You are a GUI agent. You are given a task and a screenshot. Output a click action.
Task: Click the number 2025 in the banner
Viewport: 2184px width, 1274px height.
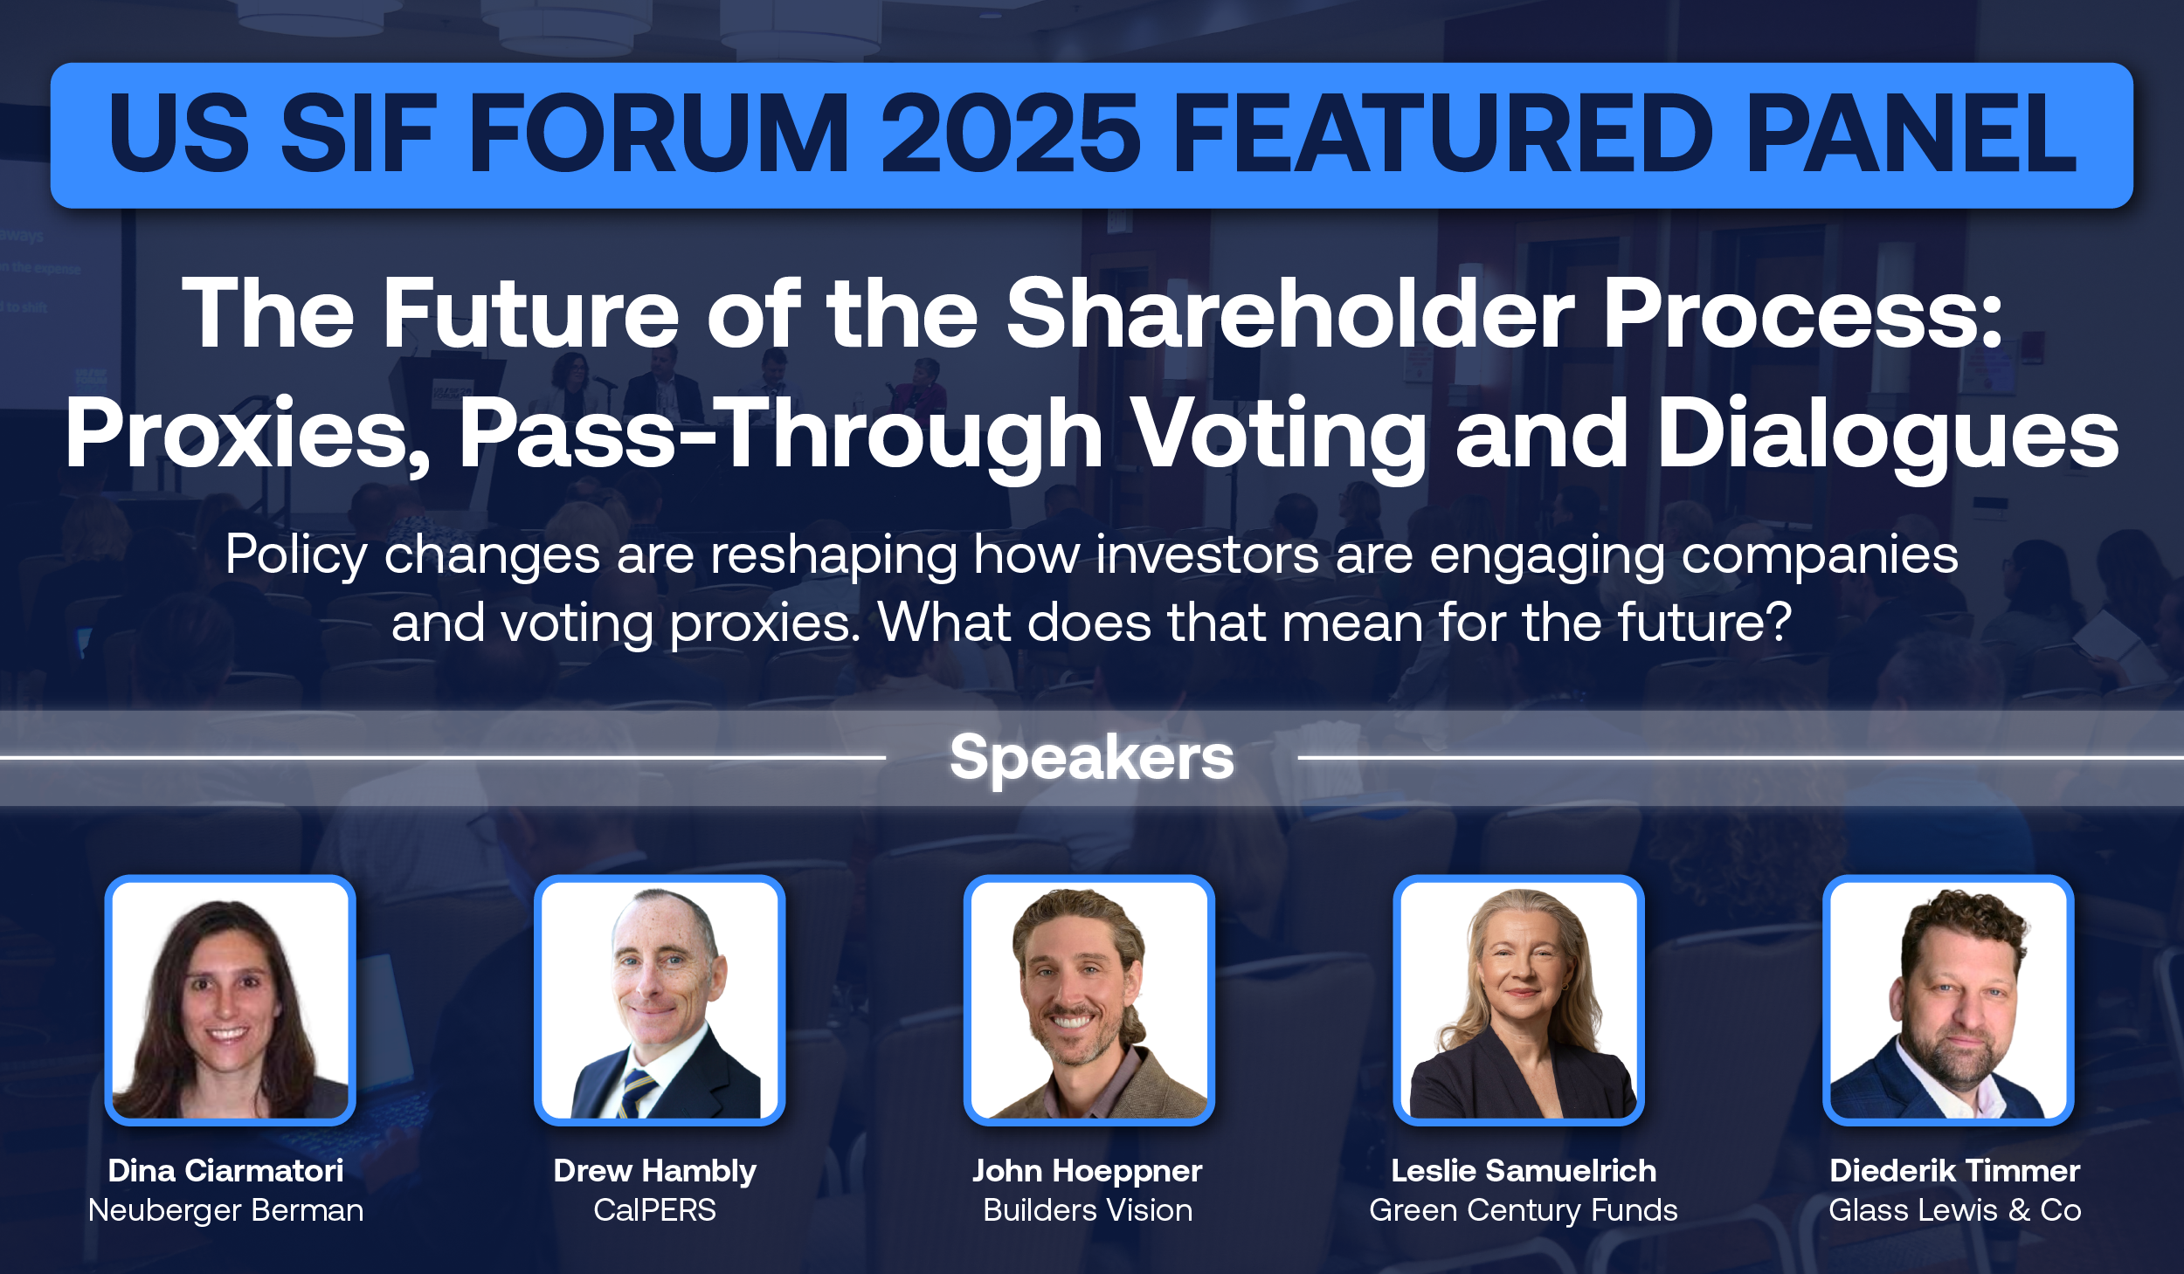(x=1011, y=134)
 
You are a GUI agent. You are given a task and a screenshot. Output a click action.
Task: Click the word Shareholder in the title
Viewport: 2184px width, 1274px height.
(x=1290, y=313)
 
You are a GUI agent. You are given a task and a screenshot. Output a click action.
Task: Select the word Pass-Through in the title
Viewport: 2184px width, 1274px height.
(x=781, y=434)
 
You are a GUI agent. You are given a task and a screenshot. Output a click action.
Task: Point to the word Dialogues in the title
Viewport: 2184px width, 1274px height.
(x=1889, y=434)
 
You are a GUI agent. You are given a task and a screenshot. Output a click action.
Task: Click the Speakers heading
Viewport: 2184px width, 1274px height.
(x=1092, y=758)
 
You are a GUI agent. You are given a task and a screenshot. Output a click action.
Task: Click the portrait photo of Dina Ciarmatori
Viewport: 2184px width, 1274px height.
(x=231, y=1000)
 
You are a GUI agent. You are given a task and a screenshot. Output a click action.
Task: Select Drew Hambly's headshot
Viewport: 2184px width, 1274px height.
(x=660, y=1000)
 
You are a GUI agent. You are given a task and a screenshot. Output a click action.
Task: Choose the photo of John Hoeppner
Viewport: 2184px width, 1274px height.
(x=1089, y=1000)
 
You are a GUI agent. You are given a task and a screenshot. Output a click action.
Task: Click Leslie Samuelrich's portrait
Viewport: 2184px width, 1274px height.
(x=1519, y=1000)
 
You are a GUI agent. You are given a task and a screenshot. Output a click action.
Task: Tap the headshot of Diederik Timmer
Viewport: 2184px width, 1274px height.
(x=1948, y=1000)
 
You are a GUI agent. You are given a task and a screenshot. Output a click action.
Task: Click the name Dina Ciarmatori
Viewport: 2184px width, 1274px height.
(x=225, y=1170)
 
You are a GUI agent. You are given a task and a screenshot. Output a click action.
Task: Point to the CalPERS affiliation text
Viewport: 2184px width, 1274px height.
(x=655, y=1210)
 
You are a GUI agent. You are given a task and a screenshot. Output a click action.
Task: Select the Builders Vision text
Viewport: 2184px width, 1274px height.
(x=1088, y=1210)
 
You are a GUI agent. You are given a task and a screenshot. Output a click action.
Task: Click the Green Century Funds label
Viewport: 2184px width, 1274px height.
(x=1524, y=1210)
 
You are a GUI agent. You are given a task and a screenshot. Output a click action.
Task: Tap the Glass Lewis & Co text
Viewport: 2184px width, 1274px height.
(x=1955, y=1210)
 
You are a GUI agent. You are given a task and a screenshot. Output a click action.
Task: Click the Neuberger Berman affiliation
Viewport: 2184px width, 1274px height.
(x=225, y=1210)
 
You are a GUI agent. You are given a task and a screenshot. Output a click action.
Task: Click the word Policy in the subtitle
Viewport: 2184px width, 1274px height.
(x=296, y=555)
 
